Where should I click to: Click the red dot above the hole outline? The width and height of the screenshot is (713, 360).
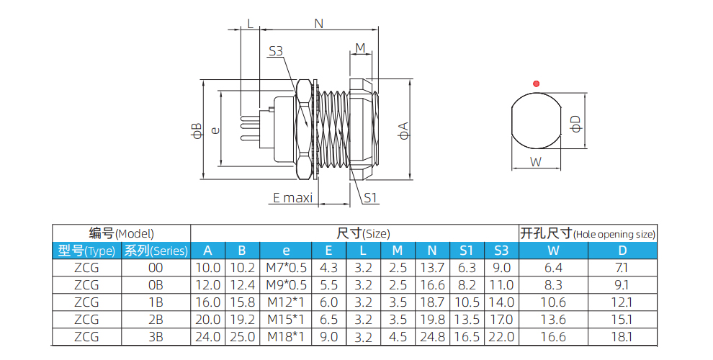coord(535,84)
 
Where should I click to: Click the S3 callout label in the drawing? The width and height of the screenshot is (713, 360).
coord(276,51)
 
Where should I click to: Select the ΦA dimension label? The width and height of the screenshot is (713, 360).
coord(404,130)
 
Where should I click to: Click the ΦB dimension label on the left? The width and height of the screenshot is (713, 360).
coord(196,130)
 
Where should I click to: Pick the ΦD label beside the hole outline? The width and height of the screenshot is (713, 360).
coord(575,124)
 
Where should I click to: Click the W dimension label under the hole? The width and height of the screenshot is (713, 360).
coord(536,162)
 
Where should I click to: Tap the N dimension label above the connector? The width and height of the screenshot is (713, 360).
coord(318,24)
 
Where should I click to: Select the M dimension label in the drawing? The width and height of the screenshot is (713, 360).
coord(360,48)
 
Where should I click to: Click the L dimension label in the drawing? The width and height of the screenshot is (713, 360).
coord(250,24)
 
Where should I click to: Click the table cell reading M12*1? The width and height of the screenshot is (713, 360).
coord(286,302)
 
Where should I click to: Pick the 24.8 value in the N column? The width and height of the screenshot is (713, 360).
coord(432,336)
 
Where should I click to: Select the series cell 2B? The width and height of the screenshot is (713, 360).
coord(156,319)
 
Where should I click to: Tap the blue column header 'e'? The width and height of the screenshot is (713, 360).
coord(286,251)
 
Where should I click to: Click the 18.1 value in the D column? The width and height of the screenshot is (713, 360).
coord(622,336)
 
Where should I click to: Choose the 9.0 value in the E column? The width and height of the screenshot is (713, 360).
coord(328,336)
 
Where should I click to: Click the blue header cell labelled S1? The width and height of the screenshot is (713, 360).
coord(467,251)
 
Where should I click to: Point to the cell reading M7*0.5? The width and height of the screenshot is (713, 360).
coord(286,268)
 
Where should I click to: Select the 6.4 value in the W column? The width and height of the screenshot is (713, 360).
coord(553,268)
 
